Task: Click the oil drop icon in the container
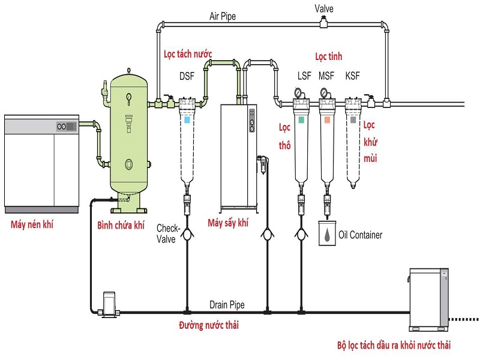(x=326, y=235)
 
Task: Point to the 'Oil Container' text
(x=360, y=235)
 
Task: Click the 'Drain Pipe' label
(x=227, y=305)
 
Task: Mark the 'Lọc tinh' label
(x=329, y=56)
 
